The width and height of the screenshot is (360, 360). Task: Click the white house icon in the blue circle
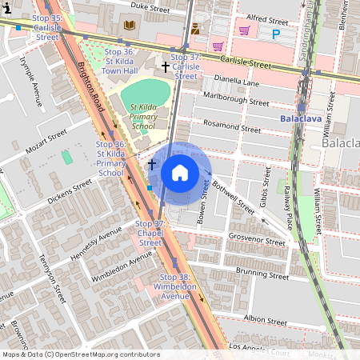tap(180, 173)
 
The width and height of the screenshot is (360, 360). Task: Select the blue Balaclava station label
tap(301, 119)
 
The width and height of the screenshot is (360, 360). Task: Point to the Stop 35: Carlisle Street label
tap(47, 26)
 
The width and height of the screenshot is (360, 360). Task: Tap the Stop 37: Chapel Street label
tap(150, 233)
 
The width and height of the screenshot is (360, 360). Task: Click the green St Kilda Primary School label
tap(133, 116)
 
